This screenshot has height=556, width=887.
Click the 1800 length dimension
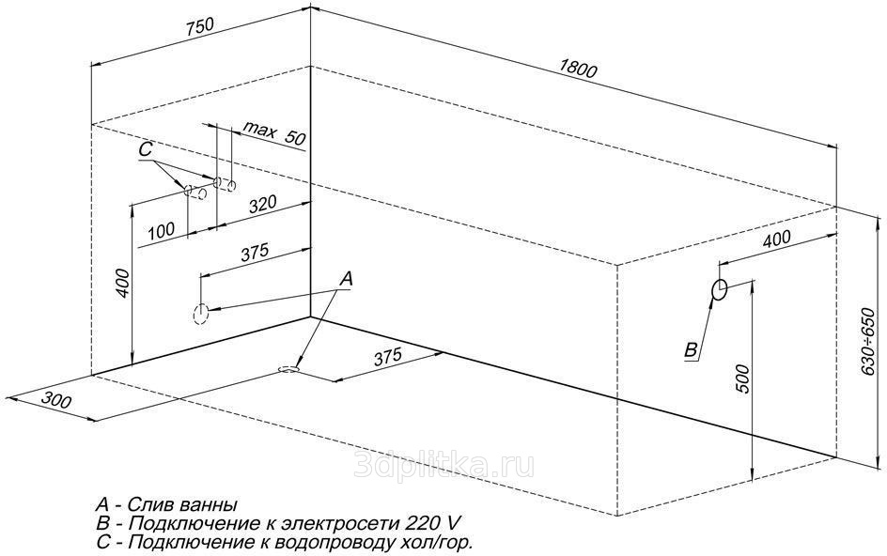click(x=578, y=69)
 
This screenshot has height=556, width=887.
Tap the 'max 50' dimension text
click(x=274, y=134)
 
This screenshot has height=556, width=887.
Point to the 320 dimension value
click(x=263, y=204)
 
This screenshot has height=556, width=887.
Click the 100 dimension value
click(x=162, y=231)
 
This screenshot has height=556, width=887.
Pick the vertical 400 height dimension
click(x=124, y=284)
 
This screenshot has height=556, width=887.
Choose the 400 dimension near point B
click(x=776, y=239)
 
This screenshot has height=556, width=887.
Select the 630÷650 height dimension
click(x=868, y=342)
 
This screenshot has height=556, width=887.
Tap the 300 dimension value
click(x=56, y=400)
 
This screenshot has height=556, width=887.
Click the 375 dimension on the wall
click(x=255, y=253)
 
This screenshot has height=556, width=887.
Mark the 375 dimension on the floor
click(x=387, y=356)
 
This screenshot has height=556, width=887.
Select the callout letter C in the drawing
click(x=146, y=149)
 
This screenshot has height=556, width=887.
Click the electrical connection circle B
click(x=720, y=289)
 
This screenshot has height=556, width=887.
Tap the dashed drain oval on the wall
click(x=200, y=314)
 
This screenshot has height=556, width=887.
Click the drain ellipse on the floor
click(x=288, y=369)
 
